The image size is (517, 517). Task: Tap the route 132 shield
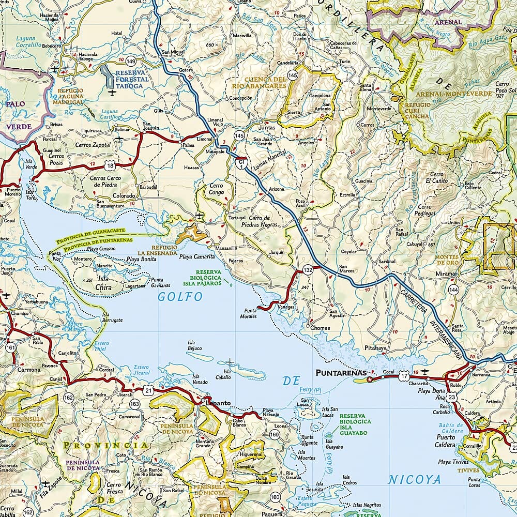click(308, 270)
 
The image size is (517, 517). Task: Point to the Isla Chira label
click(103, 284)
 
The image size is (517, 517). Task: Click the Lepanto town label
click(217, 403)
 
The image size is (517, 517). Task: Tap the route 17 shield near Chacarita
click(404, 377)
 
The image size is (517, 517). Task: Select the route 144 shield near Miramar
click(453, 290)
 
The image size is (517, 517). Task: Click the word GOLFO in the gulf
click(173, 297)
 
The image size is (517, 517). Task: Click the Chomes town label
click(320, 328)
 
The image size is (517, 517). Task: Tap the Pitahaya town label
click(375, 348)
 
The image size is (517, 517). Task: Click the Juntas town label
click(267, 127)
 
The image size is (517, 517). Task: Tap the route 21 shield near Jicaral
click(149, 389)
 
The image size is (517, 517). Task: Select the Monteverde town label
click(379, 109)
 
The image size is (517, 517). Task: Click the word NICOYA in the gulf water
click(415, 480)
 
